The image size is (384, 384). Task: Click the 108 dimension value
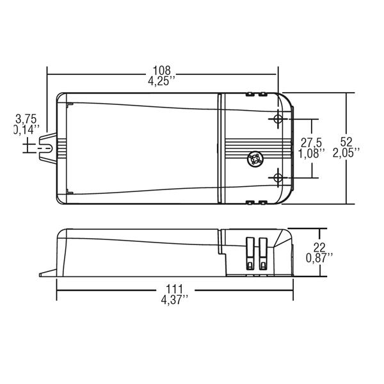161,70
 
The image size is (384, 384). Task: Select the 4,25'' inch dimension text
162,81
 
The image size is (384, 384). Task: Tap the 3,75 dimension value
26,119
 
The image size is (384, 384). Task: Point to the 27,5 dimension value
311,143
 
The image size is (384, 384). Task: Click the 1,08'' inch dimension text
312,154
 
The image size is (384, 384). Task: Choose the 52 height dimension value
346,142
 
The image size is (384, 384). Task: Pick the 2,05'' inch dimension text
346,153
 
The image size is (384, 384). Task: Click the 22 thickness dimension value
319,248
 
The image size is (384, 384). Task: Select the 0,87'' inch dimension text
319,258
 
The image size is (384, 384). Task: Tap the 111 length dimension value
175,289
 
